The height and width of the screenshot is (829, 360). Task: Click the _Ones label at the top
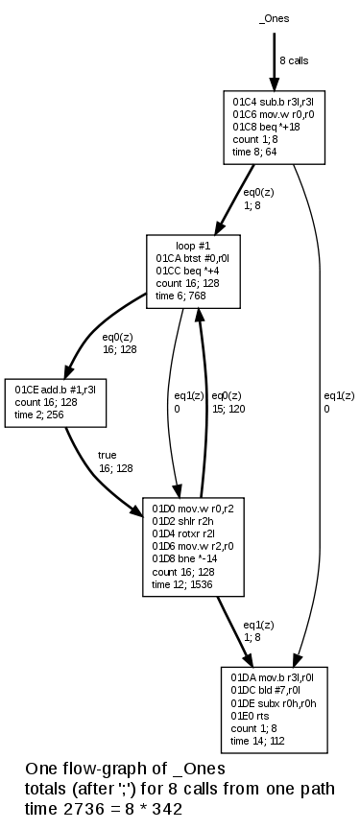coord(275,18)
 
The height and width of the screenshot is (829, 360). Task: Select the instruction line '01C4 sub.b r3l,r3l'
coord(271,101)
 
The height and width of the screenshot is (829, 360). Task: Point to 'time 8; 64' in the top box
coord(256,151)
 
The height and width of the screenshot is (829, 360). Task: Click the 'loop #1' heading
coord(192,246)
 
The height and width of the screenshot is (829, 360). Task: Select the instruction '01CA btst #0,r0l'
coord(192,258)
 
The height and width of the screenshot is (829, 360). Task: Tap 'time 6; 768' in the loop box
coord(182,296)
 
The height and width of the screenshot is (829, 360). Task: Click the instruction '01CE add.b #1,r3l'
coord(55,390)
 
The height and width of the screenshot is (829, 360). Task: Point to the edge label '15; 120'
coord(228,408)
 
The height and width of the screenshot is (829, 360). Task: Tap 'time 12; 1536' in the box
coord(182,583)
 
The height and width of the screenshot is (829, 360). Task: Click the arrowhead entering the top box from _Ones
coord(275,83)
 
